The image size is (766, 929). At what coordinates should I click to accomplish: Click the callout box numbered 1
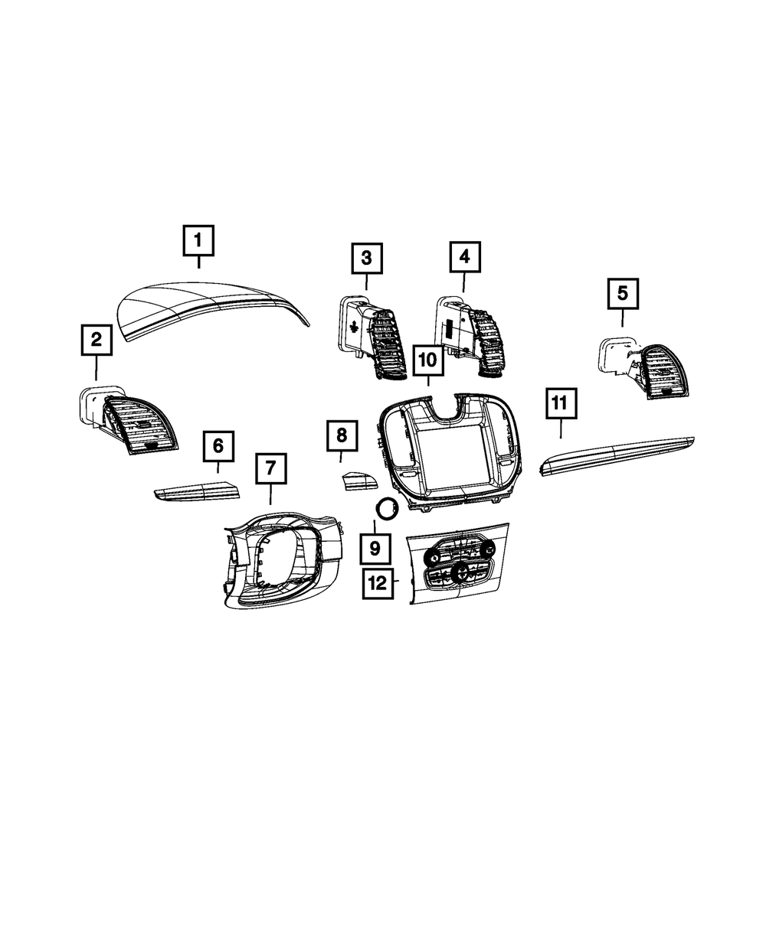click(x=198, y=240)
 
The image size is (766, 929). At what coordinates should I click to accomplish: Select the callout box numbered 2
click(x=97, y=340)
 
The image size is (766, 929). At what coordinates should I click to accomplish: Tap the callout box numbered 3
click(x=367, y=258)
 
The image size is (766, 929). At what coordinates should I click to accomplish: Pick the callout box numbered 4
click(x=464, y=258)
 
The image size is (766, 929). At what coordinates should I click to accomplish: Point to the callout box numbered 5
click(x=623, y=292)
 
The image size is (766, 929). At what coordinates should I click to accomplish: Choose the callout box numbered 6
click(x=218, y=445)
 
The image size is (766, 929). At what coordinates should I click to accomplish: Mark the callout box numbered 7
click(x=270, y=468)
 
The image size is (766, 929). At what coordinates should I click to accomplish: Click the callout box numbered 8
click(x=342, y=436)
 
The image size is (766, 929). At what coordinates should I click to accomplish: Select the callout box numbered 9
click(x=375, y=548)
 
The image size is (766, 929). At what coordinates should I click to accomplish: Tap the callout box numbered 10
click(x=427, y=359)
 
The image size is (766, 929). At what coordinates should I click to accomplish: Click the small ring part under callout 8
click(x=386, y=508)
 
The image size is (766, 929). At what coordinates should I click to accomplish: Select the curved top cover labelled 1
click(x=211, y=306)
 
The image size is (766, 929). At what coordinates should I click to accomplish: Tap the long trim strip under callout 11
click(x=617, y=455)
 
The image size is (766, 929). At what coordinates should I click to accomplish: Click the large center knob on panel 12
click(x=462, y=572)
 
